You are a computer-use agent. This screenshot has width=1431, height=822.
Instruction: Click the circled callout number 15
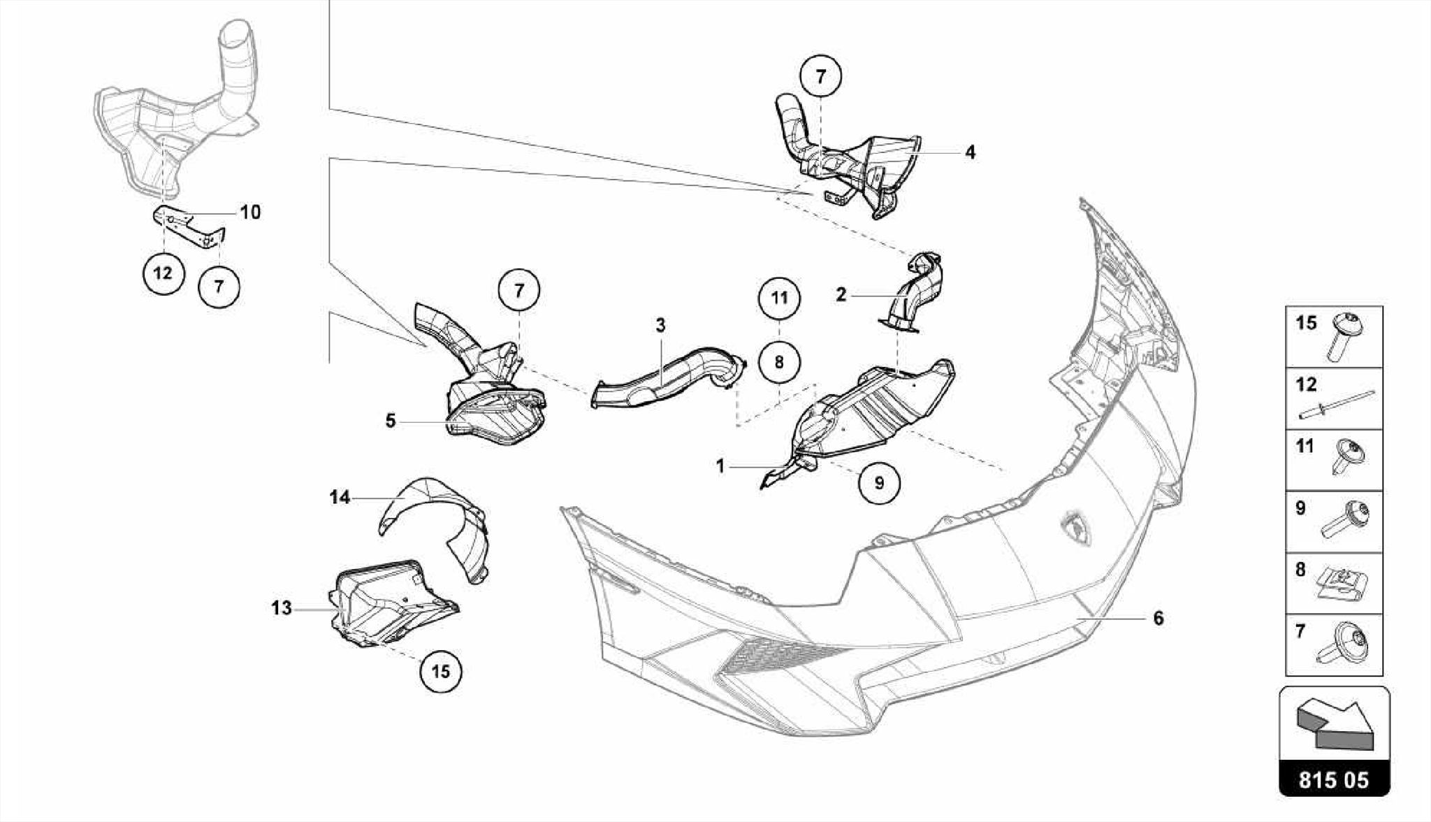[x=441, y=671]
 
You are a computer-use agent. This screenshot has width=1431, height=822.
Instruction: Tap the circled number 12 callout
[x=163, y=273]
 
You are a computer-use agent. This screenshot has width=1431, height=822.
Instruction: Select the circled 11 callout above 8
[x=779, y=298]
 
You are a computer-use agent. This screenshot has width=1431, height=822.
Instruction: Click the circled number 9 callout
[x=879, y=482]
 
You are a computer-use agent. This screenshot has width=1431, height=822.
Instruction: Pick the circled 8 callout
[x=779, y=362]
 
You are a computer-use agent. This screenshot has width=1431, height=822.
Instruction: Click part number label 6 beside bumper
[x=1158, y=618]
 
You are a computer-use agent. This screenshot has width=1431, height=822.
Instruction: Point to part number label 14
[x=340, y=497]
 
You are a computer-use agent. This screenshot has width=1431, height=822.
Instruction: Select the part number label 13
[x=281, y=608]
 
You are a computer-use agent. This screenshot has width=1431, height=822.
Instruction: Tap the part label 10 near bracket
[x=250, y=212]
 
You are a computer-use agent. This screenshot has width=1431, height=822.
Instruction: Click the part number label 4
[x=970, y=152]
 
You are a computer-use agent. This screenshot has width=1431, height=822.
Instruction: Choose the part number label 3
[x=660, y=325]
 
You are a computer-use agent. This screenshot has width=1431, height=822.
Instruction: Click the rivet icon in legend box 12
[x=1336, y=405]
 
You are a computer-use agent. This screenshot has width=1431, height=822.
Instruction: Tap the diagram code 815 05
[x=1333, y=779]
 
